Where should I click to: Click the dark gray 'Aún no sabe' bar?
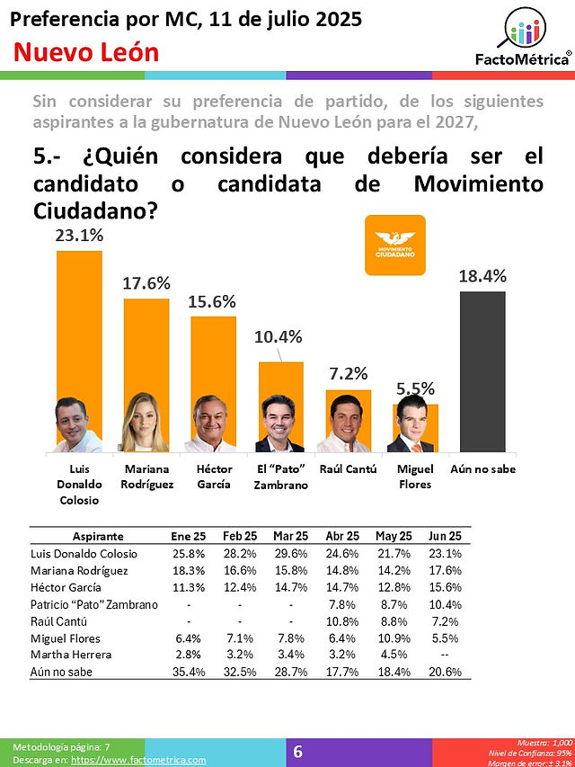click(x=482, y=371)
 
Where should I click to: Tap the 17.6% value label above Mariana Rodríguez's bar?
click(x=146, y=283)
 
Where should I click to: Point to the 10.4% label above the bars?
click(x=279, y=337)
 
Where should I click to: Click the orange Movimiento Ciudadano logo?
click(x=395, y=245)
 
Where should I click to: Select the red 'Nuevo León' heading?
click(x=86, y=52)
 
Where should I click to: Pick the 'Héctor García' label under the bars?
click(x=214, y=477)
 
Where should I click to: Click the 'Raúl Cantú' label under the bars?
click(x=348, y=469)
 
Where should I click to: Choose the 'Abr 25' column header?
click(x=342, y=536)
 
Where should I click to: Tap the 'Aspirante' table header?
click(x=98, y=537)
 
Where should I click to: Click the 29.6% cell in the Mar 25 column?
click(x=290, y=554)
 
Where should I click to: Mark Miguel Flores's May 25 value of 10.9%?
click(x=394, y=638)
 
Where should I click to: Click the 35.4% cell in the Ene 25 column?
click(x=189, y=672)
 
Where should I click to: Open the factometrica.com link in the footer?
click(x=138, y=760)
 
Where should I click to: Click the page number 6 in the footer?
click(x=297, y=752)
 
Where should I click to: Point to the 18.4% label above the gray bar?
click(x=482, y=276)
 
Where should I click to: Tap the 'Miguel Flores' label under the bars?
click(x=414, y=477)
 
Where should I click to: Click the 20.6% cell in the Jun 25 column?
click(x=445, y=672)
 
